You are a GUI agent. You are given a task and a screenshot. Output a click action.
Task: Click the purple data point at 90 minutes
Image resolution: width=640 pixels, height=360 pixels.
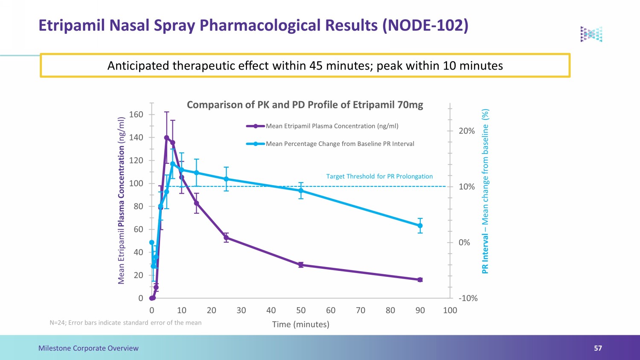[420, 280]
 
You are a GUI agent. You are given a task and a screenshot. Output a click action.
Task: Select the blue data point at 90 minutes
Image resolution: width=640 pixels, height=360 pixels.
[420, 226]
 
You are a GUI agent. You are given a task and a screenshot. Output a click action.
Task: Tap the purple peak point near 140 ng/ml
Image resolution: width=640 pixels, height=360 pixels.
[166, 138]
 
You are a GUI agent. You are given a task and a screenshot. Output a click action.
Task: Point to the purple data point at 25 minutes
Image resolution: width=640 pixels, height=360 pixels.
[226, 238]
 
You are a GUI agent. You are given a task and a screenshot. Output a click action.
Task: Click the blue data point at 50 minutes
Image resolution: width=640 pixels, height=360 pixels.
[301, 191]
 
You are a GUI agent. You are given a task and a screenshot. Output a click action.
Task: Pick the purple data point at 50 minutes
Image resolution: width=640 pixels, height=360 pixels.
[301, 265]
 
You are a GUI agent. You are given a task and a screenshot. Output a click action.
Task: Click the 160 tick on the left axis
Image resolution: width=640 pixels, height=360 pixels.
[136, 115]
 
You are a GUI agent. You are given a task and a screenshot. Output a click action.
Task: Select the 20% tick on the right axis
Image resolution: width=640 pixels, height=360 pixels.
[467, 131]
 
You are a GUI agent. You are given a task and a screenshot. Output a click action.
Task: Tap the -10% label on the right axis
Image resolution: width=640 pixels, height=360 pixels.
[468, 298]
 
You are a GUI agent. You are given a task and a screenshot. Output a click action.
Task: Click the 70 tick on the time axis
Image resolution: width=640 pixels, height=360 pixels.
[361, 310]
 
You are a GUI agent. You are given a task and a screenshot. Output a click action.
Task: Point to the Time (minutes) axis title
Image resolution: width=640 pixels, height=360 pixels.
[300, 325]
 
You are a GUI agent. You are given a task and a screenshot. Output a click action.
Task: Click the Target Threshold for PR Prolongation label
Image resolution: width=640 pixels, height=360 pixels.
[379, 176]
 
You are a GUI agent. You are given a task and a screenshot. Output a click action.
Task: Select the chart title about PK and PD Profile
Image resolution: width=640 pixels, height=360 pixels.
[305, 105]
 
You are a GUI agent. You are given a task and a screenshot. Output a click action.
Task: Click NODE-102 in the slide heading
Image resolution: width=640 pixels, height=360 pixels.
[425, 25]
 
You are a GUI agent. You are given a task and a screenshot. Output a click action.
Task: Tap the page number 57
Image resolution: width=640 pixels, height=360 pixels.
[598, 348]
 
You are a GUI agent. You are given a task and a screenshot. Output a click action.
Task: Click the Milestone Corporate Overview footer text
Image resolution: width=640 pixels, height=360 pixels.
[88, 348]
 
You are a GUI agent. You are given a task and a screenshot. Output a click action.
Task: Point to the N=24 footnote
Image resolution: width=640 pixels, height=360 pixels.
[125, 323]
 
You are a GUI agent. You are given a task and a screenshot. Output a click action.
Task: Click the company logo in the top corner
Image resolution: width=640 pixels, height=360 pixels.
[591, 34]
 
